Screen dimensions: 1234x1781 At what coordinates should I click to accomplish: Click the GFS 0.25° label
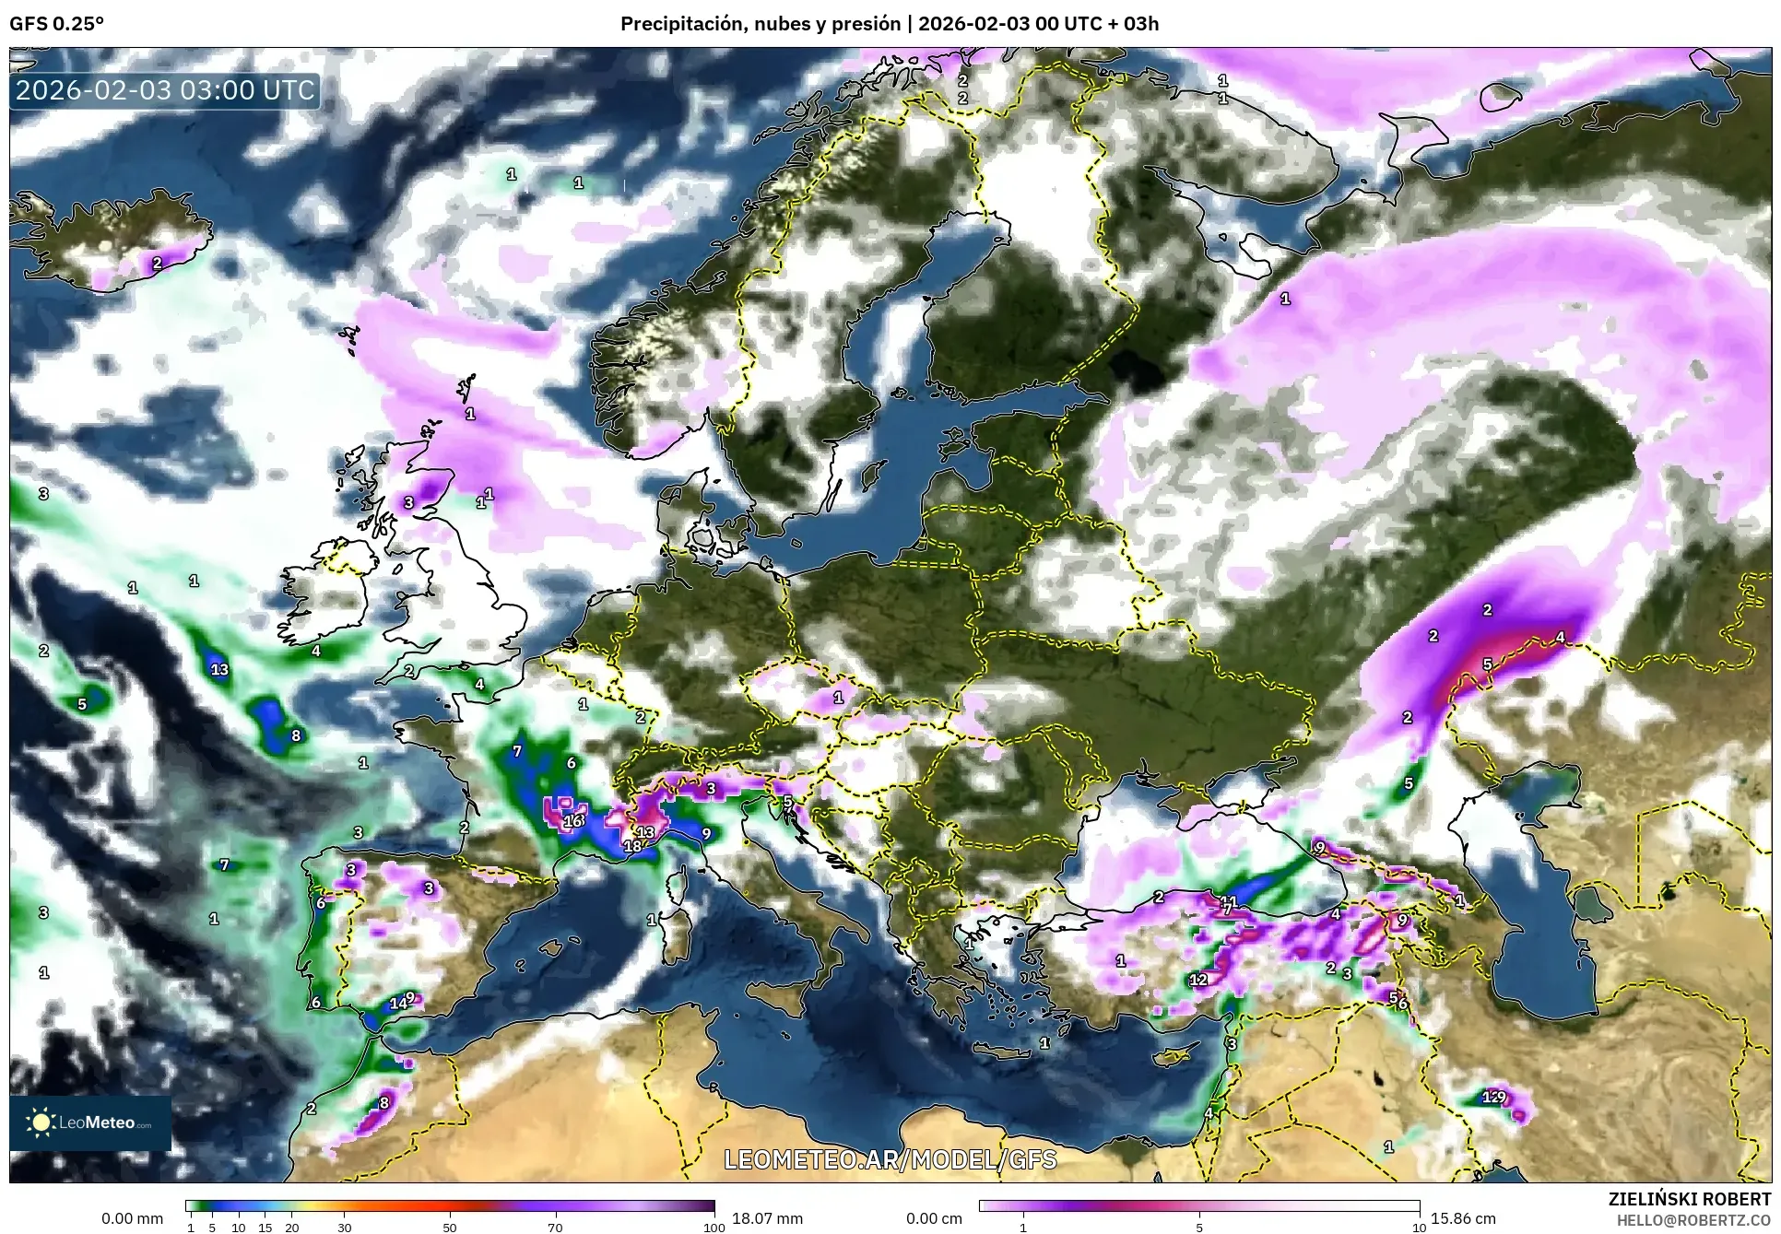point(56,24)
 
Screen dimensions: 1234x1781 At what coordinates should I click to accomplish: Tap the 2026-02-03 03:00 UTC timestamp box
point(166,90)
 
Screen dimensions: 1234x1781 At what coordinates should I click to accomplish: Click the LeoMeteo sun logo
point(41,1122)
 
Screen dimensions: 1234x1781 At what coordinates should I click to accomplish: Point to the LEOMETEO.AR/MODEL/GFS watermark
point(890,1159)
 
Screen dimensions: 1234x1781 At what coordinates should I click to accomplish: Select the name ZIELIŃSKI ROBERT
point(1689,1199)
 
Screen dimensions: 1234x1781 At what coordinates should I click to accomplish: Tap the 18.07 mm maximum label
point(767,1218)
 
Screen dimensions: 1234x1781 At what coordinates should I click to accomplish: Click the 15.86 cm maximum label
point(1463,1218)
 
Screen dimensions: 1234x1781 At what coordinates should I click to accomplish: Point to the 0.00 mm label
point(132,1218)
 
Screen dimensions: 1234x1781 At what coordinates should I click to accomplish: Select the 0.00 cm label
point(934,1218)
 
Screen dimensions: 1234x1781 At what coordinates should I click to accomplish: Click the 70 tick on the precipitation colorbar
point(555,1228)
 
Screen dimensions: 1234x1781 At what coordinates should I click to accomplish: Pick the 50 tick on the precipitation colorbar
point(450,1228)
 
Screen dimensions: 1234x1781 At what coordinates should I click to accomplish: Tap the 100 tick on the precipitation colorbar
point(714,1228)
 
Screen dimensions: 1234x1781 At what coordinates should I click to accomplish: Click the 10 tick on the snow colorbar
point(1419,1228)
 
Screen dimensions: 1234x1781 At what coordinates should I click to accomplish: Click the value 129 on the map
point(1493,1097)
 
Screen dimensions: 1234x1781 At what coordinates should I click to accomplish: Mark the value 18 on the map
point(632,846)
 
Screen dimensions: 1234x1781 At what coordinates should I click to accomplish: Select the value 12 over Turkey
point(1197,980)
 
